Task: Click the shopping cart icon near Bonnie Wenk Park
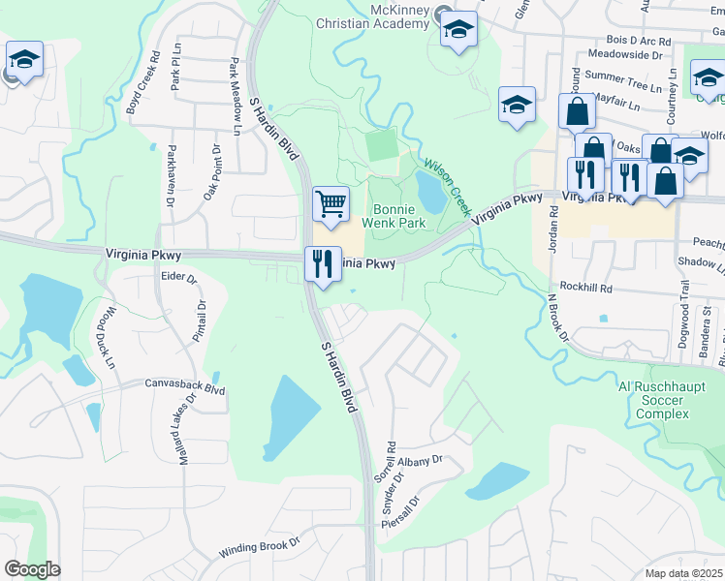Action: pos(331,203)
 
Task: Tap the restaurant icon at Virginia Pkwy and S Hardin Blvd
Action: pos(322,263)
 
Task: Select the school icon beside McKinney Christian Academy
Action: pos(458,29)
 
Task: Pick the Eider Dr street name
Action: pos(178,279)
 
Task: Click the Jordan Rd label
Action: pos(553,229)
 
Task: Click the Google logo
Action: pos(31,569)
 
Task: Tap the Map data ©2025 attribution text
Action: pos(683,573)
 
